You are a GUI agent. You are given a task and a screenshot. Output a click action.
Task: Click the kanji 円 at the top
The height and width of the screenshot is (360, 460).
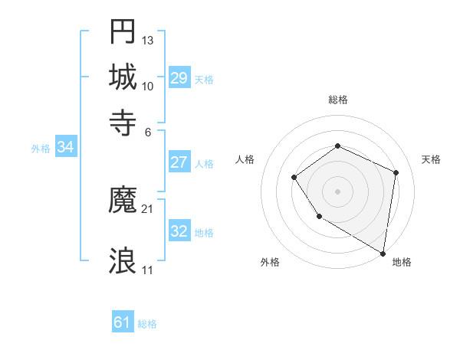point(123,32)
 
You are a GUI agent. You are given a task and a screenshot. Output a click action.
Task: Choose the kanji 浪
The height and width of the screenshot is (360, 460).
point(123,261)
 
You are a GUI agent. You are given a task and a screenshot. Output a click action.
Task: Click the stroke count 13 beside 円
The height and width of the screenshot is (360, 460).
point(148,40)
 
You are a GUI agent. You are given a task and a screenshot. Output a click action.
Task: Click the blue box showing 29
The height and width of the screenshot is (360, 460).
point(179,78)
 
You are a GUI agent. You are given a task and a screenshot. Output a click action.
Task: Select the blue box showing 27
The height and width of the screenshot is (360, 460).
point(179,162)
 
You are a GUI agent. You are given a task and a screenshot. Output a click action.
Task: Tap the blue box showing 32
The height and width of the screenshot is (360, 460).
point(179,231)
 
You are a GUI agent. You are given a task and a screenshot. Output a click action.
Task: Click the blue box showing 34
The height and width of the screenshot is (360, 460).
point(65,148)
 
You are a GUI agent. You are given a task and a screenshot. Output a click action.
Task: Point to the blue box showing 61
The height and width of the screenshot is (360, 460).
point(123,323)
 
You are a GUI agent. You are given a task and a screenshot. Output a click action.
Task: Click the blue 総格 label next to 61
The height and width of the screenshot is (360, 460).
point(147,325)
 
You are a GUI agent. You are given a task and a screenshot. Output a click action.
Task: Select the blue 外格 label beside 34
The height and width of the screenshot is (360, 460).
point(40,149)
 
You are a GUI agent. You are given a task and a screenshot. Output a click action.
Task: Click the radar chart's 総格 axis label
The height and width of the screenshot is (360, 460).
point(338,100)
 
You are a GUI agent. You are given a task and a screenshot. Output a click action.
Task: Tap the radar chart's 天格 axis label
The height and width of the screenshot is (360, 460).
point(432,159)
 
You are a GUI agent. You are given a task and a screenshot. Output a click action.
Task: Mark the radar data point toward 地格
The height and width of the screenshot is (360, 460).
point(383,253)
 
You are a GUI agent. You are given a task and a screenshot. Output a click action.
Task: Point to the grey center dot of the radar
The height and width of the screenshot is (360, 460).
point(337,191)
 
